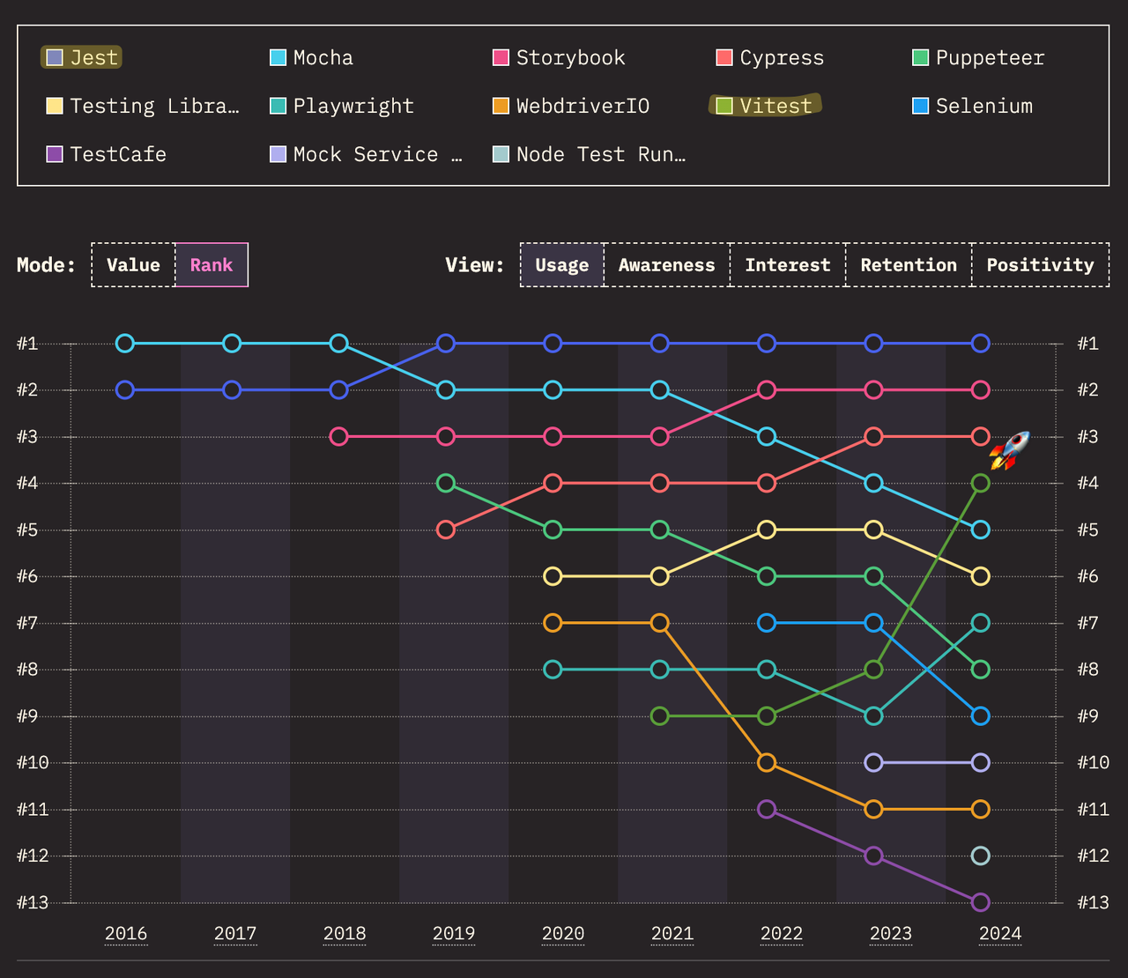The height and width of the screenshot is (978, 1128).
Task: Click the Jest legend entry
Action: (x=82, y=58)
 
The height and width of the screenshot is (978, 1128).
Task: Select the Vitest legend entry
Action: (x=765, y=106)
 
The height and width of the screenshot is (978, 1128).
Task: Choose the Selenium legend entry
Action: (x=973, y=106)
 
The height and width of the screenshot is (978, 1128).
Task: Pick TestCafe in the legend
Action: (x=107, y=154)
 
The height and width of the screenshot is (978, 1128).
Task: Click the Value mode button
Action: (x=133, y=265)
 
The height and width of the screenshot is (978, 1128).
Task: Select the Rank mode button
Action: (x=211, y=265)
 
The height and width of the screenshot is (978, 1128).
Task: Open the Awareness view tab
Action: (x=666, y=265)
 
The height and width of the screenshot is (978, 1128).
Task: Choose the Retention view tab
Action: (x=909, y=265)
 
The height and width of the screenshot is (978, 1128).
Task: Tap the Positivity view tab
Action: (x=1040, y=265)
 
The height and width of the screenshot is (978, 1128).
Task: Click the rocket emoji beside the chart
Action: (x=1009, y=450)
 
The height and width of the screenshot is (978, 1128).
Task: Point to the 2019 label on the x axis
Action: (x=454, y=934)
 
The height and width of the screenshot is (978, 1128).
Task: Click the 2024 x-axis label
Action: (x=1000, y=934)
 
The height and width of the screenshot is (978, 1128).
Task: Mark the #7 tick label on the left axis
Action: (x=27, y=623)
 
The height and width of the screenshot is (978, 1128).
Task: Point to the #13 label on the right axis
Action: (x=1093, y=902)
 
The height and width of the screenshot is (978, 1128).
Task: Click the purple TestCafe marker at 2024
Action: (x=980, y=902)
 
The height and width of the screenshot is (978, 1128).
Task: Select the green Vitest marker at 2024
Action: (x=980, y=483)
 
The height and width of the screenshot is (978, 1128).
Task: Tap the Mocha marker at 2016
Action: (x=125, y=344)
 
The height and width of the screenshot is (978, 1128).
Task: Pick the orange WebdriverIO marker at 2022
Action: (x=767, y=762)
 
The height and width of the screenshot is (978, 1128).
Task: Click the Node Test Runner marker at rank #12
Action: (x=980, y=856)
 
